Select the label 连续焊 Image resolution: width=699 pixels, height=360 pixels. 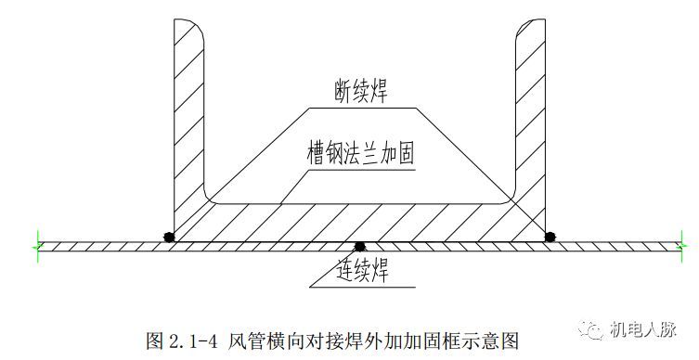coord(361,272)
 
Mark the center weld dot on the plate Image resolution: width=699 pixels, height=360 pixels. coord(360,247)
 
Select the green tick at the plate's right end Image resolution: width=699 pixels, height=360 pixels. coord(686,245)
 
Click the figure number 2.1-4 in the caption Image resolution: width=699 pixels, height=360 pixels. coord(191,341)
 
